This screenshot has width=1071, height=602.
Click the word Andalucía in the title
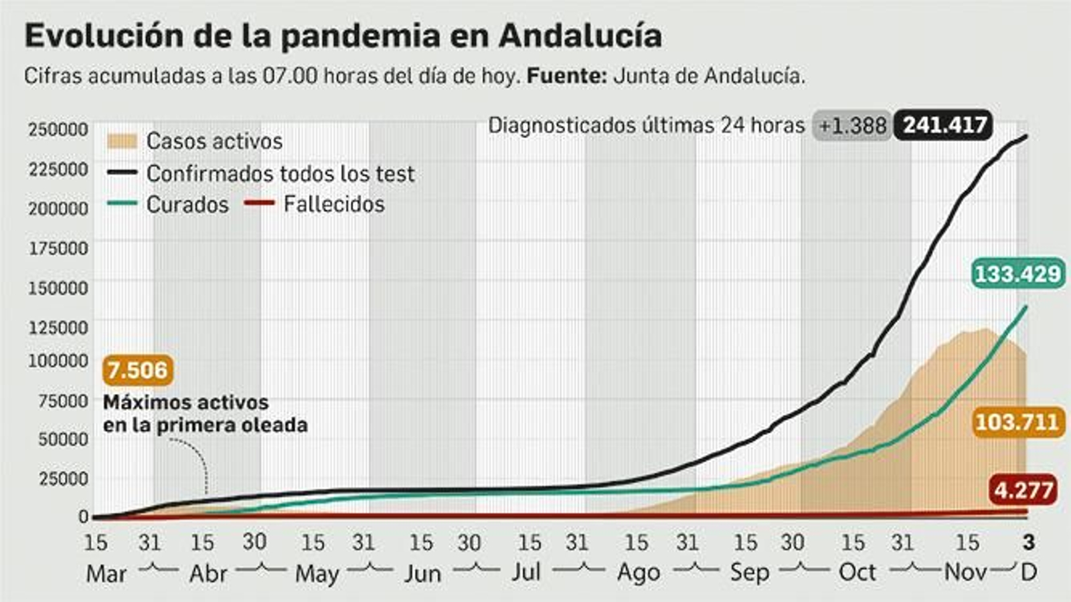tap(580, 35)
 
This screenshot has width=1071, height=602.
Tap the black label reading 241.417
tap(944, 125)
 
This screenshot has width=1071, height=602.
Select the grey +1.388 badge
tap(852, 126)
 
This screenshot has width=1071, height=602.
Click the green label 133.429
tap(1017, 274)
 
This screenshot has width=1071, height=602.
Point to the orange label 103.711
tap(1017, 422)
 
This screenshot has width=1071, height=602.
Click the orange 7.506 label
tap(138, 370)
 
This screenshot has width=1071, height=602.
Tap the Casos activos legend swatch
tap(122, 141)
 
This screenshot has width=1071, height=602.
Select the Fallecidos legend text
tap(333, 204)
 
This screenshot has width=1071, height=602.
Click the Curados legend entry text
tap(187, 205)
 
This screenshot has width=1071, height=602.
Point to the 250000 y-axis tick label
tap(58, 129)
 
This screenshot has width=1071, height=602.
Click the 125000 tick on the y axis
tap(58, 328)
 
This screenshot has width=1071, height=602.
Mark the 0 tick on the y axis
tap(83, 516)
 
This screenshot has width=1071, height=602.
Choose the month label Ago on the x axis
tap(639, 573)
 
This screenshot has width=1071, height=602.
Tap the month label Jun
tap(422, 574)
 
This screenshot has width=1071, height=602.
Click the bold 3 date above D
tap(1029, 542)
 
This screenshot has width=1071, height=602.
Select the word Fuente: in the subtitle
tap(566, 76)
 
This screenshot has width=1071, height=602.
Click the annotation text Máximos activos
tap(185, 403)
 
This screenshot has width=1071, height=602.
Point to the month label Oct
tap(857, 573)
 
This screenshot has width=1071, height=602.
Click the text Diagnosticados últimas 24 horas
tap(646, 126)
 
